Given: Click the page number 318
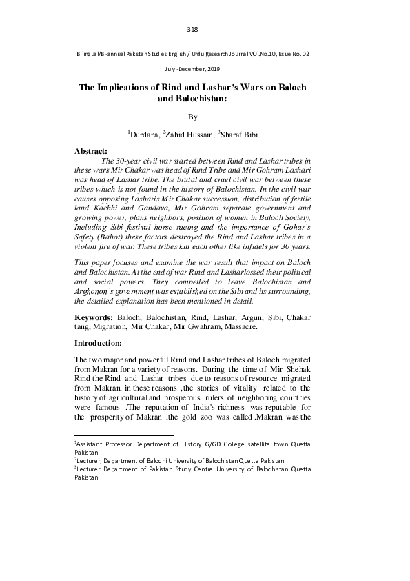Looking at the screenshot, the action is point(192,29).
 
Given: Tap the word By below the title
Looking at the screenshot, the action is point(192,117).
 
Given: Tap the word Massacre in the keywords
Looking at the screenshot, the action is point(240,326).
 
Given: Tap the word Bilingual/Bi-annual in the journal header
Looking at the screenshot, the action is point(101,53).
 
